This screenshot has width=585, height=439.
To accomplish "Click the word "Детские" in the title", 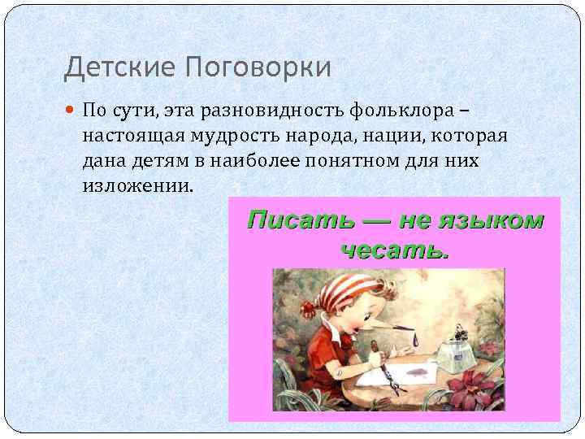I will coord(112,67).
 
